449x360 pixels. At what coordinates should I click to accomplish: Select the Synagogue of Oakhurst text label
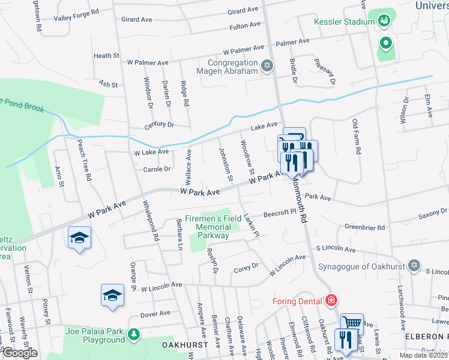click(361, 265)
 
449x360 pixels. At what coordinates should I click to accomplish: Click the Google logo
click(19, 353)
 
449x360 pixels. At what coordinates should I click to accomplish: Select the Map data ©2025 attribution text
click(423, 355)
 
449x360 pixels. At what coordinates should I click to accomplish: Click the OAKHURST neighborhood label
click(185, 345)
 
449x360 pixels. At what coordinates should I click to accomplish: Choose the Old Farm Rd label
click(356, 137)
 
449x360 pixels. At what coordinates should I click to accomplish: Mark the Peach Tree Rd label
click(84, 160)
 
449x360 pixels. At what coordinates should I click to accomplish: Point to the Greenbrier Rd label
click(364, 227)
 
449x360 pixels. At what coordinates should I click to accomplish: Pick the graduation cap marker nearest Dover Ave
click(112, 295)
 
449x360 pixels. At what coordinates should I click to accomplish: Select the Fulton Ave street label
click(245, 26)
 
